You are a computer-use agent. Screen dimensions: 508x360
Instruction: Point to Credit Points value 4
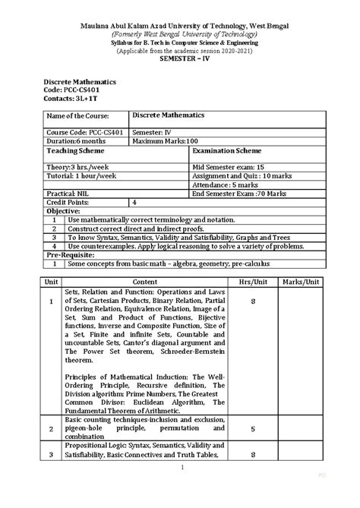[x=134, y=203]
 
